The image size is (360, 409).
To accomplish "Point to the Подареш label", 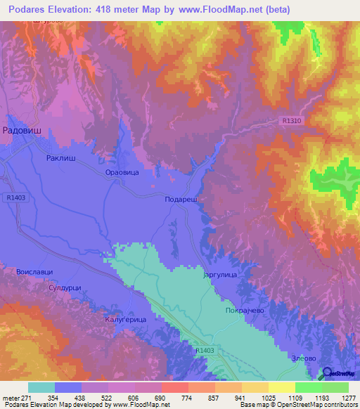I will point(180,200).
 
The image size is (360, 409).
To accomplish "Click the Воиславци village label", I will point(34,271).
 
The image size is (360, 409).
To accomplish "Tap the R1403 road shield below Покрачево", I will point(205,349).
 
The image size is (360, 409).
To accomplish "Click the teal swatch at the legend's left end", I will point(41,388).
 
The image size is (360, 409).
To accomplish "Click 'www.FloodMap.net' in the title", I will point(219,11).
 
